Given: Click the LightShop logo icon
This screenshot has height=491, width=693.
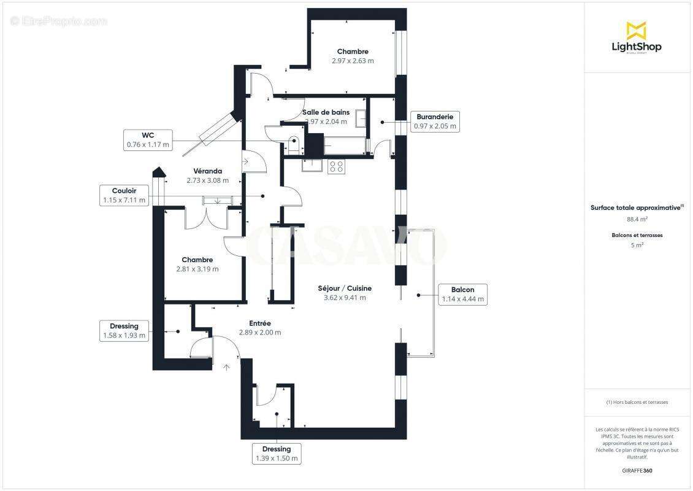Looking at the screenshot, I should tap(637, 30).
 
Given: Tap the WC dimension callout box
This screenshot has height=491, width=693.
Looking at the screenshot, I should tap(147, 140).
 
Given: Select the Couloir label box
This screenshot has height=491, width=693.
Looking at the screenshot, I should tap(124, 195).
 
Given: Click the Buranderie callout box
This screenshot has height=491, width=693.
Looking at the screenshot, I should tap(434, 122).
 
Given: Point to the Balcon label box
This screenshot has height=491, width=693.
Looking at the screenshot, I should tap(462, 295).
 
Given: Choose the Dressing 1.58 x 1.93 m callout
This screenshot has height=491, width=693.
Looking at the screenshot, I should tap(124, 331).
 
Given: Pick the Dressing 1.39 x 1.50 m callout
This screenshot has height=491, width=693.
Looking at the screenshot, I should tap(276, 454).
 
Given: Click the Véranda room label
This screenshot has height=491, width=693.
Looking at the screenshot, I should tap(207, 176).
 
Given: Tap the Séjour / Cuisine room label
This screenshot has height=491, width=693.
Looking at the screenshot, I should tap(345, 293).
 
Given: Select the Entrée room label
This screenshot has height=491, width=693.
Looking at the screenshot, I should tap(260, 328).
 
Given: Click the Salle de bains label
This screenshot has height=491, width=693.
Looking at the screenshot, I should tap(326, 117).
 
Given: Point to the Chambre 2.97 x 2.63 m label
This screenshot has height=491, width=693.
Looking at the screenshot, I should tap(353, 56).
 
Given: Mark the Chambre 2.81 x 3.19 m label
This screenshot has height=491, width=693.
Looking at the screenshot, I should tap(197, 265).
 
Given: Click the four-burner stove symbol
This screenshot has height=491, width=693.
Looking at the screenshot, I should tap(336, 166).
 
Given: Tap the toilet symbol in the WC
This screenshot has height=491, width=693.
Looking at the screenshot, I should tap(294, 142).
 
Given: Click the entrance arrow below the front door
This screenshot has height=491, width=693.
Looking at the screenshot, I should tap(226, 367).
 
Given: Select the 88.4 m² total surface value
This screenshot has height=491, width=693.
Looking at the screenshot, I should tap(637, 219).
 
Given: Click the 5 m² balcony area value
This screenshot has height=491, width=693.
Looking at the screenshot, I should tap(637, 245).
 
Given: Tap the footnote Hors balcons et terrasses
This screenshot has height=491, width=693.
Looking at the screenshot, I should tap(637, 402).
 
